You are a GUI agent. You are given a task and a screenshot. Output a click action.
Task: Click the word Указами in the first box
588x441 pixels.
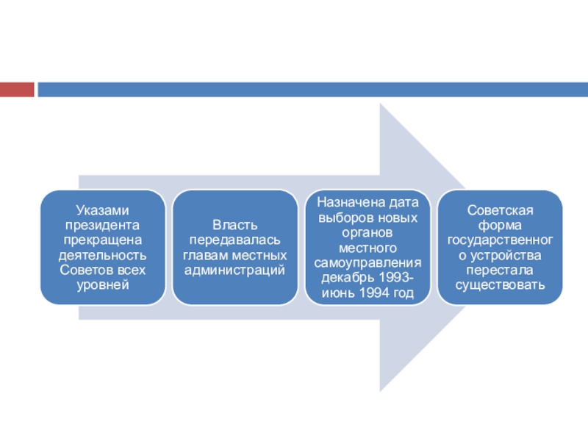pos(102,210)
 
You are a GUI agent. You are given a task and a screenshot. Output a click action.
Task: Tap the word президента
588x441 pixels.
pos(102,226)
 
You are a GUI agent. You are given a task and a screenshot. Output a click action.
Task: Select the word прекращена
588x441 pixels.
pos(102,240)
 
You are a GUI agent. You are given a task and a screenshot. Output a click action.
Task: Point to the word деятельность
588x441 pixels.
pos(102,255)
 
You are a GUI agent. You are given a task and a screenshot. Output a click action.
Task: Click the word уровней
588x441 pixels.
pos(103,285)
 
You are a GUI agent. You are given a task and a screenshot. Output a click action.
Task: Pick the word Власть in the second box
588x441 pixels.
pos(235,225)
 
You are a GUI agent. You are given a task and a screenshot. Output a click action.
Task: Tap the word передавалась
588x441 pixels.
pos(234,240)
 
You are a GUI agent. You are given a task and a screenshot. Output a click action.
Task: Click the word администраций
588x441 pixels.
pos(234,270)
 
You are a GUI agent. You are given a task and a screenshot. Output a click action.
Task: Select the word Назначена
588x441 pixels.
pos(346,203)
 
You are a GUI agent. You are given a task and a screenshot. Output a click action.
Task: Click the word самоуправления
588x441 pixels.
pos(367,263)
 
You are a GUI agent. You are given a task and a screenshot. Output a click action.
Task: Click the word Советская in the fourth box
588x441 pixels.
pos(500,210)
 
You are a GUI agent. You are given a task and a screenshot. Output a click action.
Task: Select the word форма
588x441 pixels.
pos(500,226)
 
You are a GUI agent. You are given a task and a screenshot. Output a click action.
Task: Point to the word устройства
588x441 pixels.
pos(506,256)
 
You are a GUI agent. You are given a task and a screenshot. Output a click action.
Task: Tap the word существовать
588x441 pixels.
pos(500,285)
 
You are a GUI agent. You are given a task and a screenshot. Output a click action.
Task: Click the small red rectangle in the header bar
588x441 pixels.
pos(17,90)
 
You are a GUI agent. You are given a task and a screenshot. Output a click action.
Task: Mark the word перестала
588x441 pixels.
pos(500,270)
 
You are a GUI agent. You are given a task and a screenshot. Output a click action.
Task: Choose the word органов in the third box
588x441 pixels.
pos(367,233)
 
